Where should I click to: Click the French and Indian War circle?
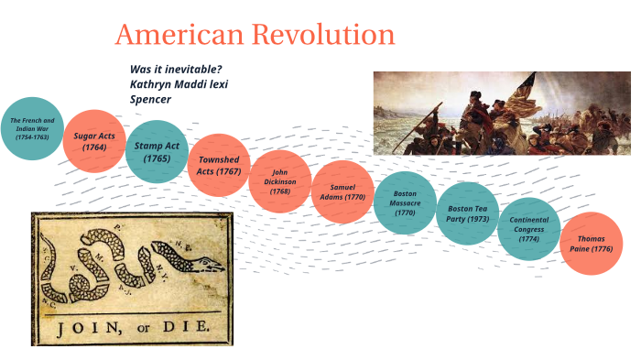[32, 128]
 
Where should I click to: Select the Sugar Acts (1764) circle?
[93, 141]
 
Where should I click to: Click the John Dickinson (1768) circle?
[280, 180]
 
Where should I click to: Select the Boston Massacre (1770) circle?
[405, 202]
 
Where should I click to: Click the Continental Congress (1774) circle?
[529, 229]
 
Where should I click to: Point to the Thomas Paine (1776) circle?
[590, 244]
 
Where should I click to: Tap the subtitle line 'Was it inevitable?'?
[176, 70]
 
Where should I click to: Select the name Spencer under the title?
[151, 99]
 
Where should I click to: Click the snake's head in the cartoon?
[209, 263]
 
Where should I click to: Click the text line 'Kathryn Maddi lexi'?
[179, 84]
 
